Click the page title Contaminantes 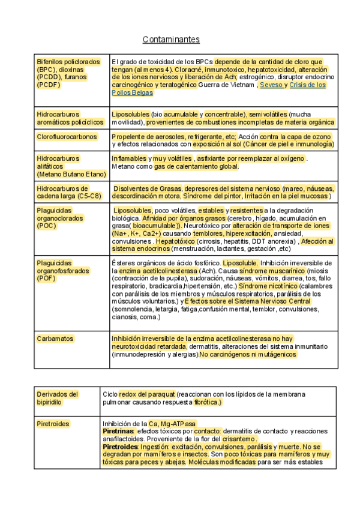(x=171, y=40)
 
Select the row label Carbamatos (x=55, y=339)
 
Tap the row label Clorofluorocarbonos (x=67, y=137)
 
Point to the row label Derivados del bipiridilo (x=58, y=398)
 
